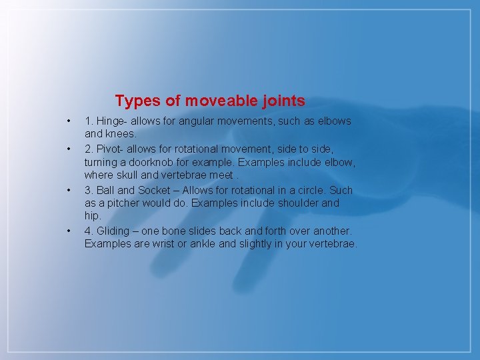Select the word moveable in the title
217,101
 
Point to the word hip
92,216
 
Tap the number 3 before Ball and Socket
87,190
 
